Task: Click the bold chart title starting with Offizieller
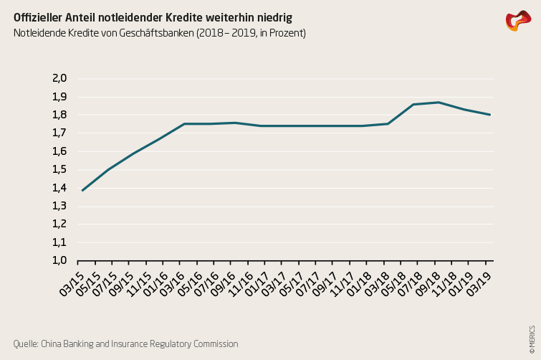[x=153, y=16]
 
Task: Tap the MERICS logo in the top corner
[x=518, y=21]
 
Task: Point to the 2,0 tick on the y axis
[x=59, y=78]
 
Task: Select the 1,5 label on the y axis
[x=59, y=169]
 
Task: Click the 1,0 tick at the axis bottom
[x=59, y=260]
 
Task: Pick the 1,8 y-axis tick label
[x=59, y=115]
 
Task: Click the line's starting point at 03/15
[x=82, y=190]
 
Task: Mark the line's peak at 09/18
[x=439, y=102]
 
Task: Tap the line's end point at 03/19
[x=489, y=115]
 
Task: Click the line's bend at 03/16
[x=184, y=124]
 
